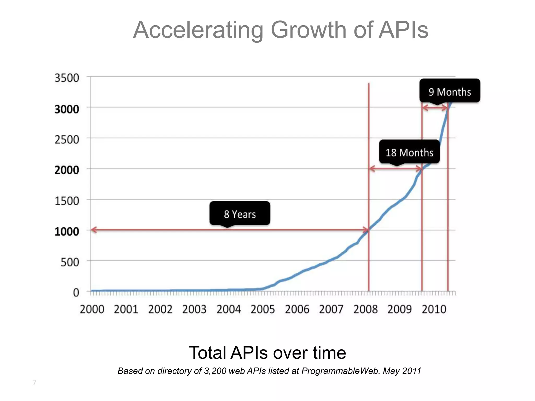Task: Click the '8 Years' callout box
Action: [240, 213]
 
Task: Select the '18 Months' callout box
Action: [409, 152]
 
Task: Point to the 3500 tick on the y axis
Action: [67, 78]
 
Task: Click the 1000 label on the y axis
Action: [67, 232]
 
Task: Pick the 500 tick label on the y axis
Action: [69, 262]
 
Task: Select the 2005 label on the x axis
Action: [263, 310]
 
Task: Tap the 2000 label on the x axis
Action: [92, 310]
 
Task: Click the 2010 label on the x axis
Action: [434, 310]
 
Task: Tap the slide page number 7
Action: [34, 383]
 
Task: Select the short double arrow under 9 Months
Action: [435, 108]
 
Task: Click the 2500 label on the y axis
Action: [67, 140]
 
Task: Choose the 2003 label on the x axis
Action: [194, 310]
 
